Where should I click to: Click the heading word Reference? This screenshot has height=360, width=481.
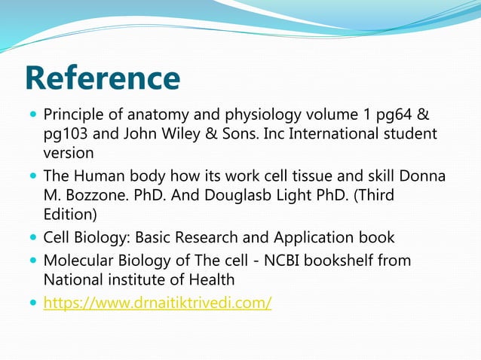[103, 78]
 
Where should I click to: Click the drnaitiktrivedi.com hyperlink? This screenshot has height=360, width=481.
[158, 303]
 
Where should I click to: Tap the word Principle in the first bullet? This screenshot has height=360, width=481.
[73, 115]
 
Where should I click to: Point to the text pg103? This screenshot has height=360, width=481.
[66, 134]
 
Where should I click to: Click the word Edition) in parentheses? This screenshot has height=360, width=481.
[71, 214]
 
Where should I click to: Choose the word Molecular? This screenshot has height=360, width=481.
[79, 261]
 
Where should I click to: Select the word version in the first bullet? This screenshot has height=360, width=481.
[68, 153]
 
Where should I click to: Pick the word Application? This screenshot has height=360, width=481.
[307, 238]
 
